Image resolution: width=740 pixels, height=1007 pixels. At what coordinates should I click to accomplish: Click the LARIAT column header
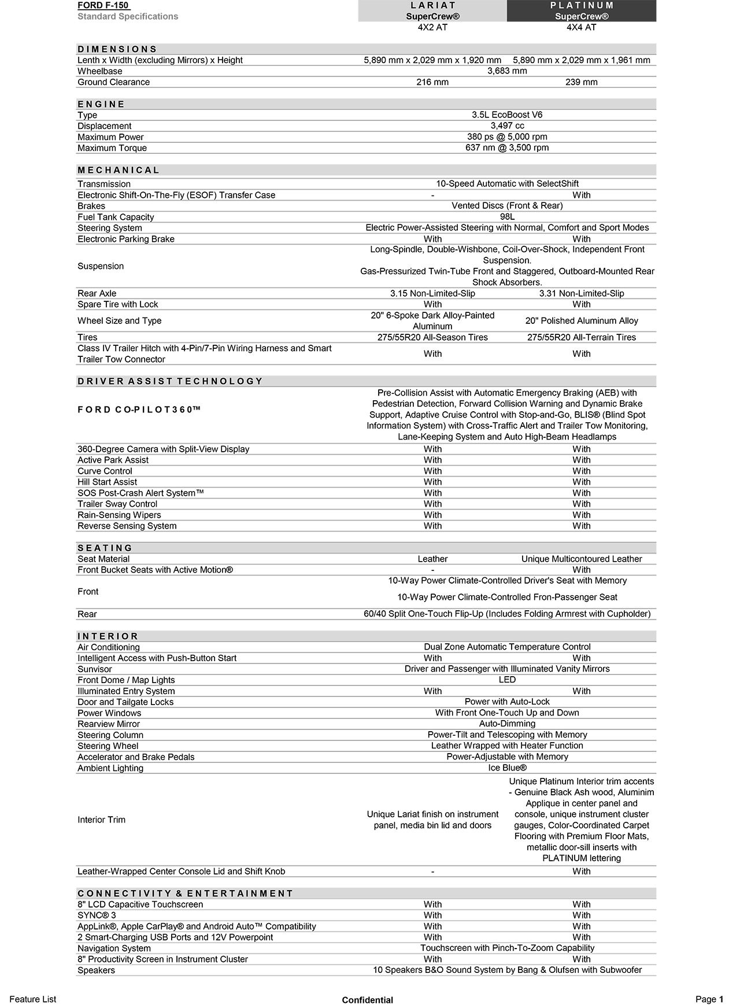(x=432, y=6)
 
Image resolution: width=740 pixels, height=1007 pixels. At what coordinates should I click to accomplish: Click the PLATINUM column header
(x=582, y=6)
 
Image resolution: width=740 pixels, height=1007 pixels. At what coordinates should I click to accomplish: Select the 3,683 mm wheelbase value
(x=507, y=71)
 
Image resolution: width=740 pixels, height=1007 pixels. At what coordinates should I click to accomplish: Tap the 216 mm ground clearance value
(x=432, y=82)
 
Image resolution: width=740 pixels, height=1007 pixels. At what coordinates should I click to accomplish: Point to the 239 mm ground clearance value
(x=582, y=82)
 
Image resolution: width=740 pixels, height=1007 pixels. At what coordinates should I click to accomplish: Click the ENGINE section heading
(x=101, y=104)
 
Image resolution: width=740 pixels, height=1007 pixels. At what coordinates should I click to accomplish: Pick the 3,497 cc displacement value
(x=507, y=126)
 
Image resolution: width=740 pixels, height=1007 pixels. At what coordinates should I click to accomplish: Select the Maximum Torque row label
(x=112, y=148)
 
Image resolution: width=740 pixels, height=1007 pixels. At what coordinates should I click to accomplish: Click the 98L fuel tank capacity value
(x=507, y=217)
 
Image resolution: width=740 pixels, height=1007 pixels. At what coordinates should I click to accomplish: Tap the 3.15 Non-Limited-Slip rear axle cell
(x=432, y=293)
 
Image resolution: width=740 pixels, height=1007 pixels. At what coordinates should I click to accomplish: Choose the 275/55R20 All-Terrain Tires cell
(x=582, y=337)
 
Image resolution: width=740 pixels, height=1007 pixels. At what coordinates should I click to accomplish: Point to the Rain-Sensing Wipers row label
(x=119, y=515)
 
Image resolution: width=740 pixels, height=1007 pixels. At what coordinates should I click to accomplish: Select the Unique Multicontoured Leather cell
(x=582, y=559)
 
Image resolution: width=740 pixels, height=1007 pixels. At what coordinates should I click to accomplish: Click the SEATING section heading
(x=105, y=548)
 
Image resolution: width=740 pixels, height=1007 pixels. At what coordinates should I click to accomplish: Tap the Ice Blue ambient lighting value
(x=507, y=768)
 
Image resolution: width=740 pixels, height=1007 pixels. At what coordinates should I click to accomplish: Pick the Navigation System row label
(x=114, y=949)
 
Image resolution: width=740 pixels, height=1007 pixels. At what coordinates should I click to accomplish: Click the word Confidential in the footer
(x=367, y=1000)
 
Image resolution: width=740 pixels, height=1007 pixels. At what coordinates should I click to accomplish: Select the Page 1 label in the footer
(x=709, y=999)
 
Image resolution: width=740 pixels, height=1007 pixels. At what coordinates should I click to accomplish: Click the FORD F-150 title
(x=103, y=6)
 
